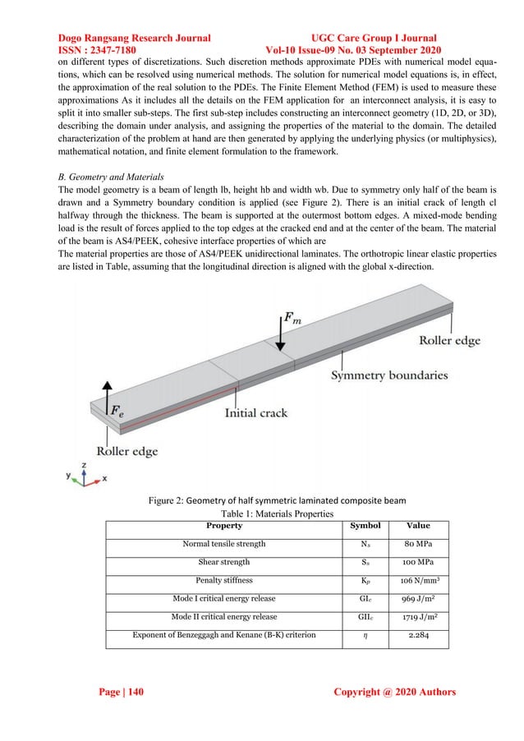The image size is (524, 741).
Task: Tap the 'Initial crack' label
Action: click(256, 412)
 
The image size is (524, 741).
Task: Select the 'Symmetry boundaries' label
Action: click(389, 375)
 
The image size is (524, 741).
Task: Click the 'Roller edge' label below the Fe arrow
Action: click(127, 451)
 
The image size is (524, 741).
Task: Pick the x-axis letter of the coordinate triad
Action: click(104, 477)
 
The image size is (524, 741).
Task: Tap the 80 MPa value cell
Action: click(418, 544)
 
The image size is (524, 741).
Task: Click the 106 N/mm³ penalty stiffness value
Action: click(418, 581)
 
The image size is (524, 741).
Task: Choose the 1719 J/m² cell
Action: click(418, 617)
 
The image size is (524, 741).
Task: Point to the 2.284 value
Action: click(418, 635)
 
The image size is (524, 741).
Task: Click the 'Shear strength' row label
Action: click(224, 563)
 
